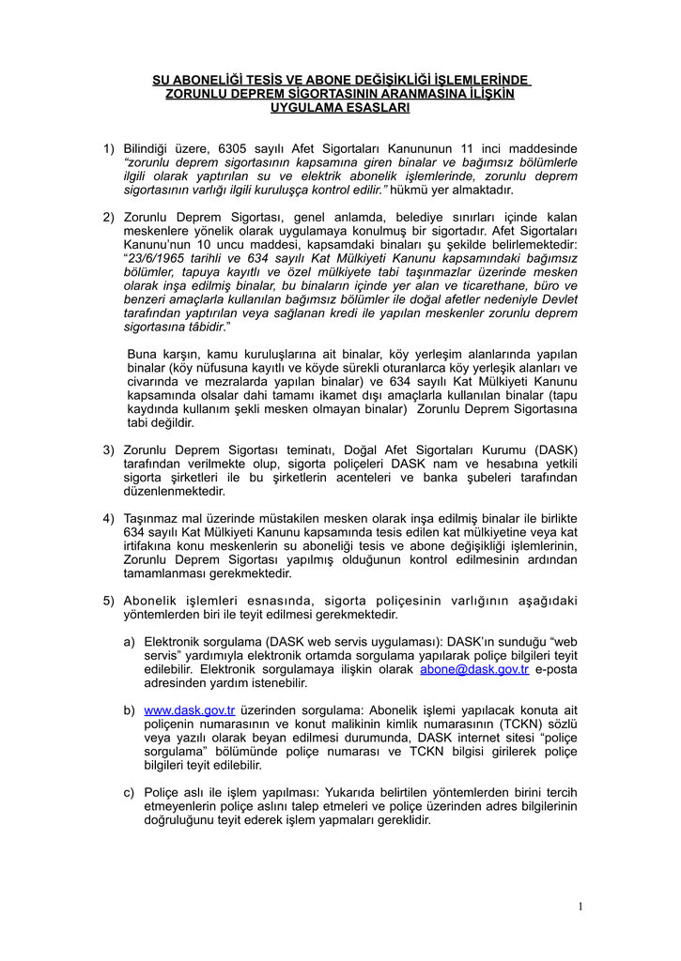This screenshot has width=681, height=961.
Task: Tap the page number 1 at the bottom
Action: tap(581, 906)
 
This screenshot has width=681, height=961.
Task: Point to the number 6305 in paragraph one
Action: tap(236, 149)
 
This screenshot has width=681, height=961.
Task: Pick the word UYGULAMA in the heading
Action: tap(304, 108)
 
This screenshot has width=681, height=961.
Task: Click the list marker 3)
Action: tap(109, 451)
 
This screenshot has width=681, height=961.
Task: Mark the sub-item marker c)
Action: tap(130, 792)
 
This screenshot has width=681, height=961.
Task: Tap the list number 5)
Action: tap(109, 601)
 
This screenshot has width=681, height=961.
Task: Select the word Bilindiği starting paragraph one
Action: tap(152, 149)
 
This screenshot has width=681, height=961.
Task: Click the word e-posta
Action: tap(557, 669)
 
